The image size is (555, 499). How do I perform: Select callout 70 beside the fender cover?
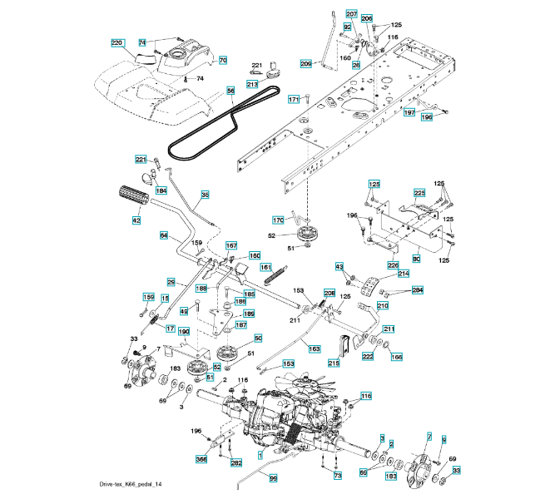222,61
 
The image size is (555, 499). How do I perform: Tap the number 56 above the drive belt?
230,90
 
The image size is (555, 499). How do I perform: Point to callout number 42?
136,220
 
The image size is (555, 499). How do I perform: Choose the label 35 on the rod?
205,194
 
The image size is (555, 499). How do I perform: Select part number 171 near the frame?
293,100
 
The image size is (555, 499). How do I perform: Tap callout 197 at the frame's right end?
409,111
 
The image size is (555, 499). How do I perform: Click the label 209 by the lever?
305,64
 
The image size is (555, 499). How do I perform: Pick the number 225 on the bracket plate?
419,193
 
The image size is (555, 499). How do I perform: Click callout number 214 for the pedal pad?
403,273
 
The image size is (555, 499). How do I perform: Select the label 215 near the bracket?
334,363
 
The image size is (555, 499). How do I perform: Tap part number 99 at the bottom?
272,479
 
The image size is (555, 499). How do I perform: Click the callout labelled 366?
201,459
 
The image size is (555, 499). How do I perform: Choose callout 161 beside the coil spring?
266,267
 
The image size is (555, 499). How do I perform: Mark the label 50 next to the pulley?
258,338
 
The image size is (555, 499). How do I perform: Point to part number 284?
418,290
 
